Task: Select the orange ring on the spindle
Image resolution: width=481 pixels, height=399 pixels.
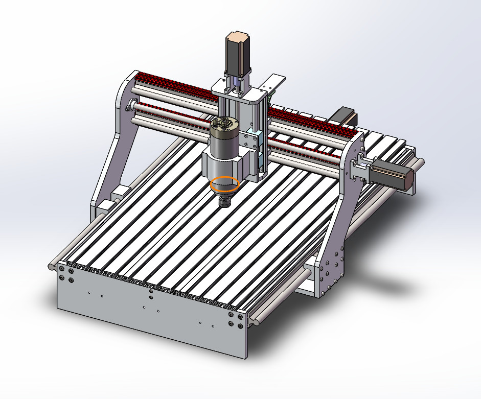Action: tap(225, 184)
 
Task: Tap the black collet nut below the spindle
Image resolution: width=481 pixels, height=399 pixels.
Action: tap(225, 202)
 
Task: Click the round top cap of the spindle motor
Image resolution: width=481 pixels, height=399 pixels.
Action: tap(223, 124)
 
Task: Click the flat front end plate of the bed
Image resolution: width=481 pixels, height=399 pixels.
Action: tap(148, 317)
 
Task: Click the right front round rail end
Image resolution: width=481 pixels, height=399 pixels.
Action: tap(255, 320)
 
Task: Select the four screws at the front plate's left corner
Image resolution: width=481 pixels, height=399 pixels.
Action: tap(66, 273)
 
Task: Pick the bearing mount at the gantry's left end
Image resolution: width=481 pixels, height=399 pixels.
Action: tap(129, 107)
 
